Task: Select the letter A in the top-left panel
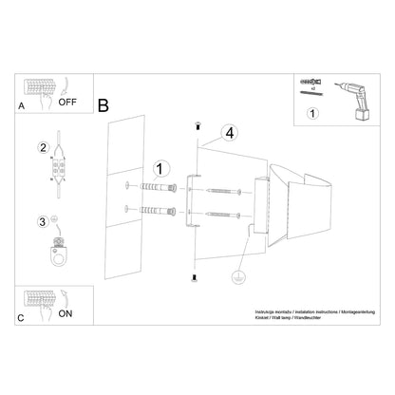pyautogui.click(x=21, y=107)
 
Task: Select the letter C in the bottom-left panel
pyautogui.click(x=21, y=318)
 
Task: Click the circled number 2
pyautogui.click(x=43, y=148)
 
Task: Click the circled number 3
pyautogui.click(x=42, y=223)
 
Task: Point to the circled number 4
pyautogui.click(x=228, y=134)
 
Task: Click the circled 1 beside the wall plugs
pyautogui.click(x=161, y=170)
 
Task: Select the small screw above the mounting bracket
pyautogui.click(x=195, y=126)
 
